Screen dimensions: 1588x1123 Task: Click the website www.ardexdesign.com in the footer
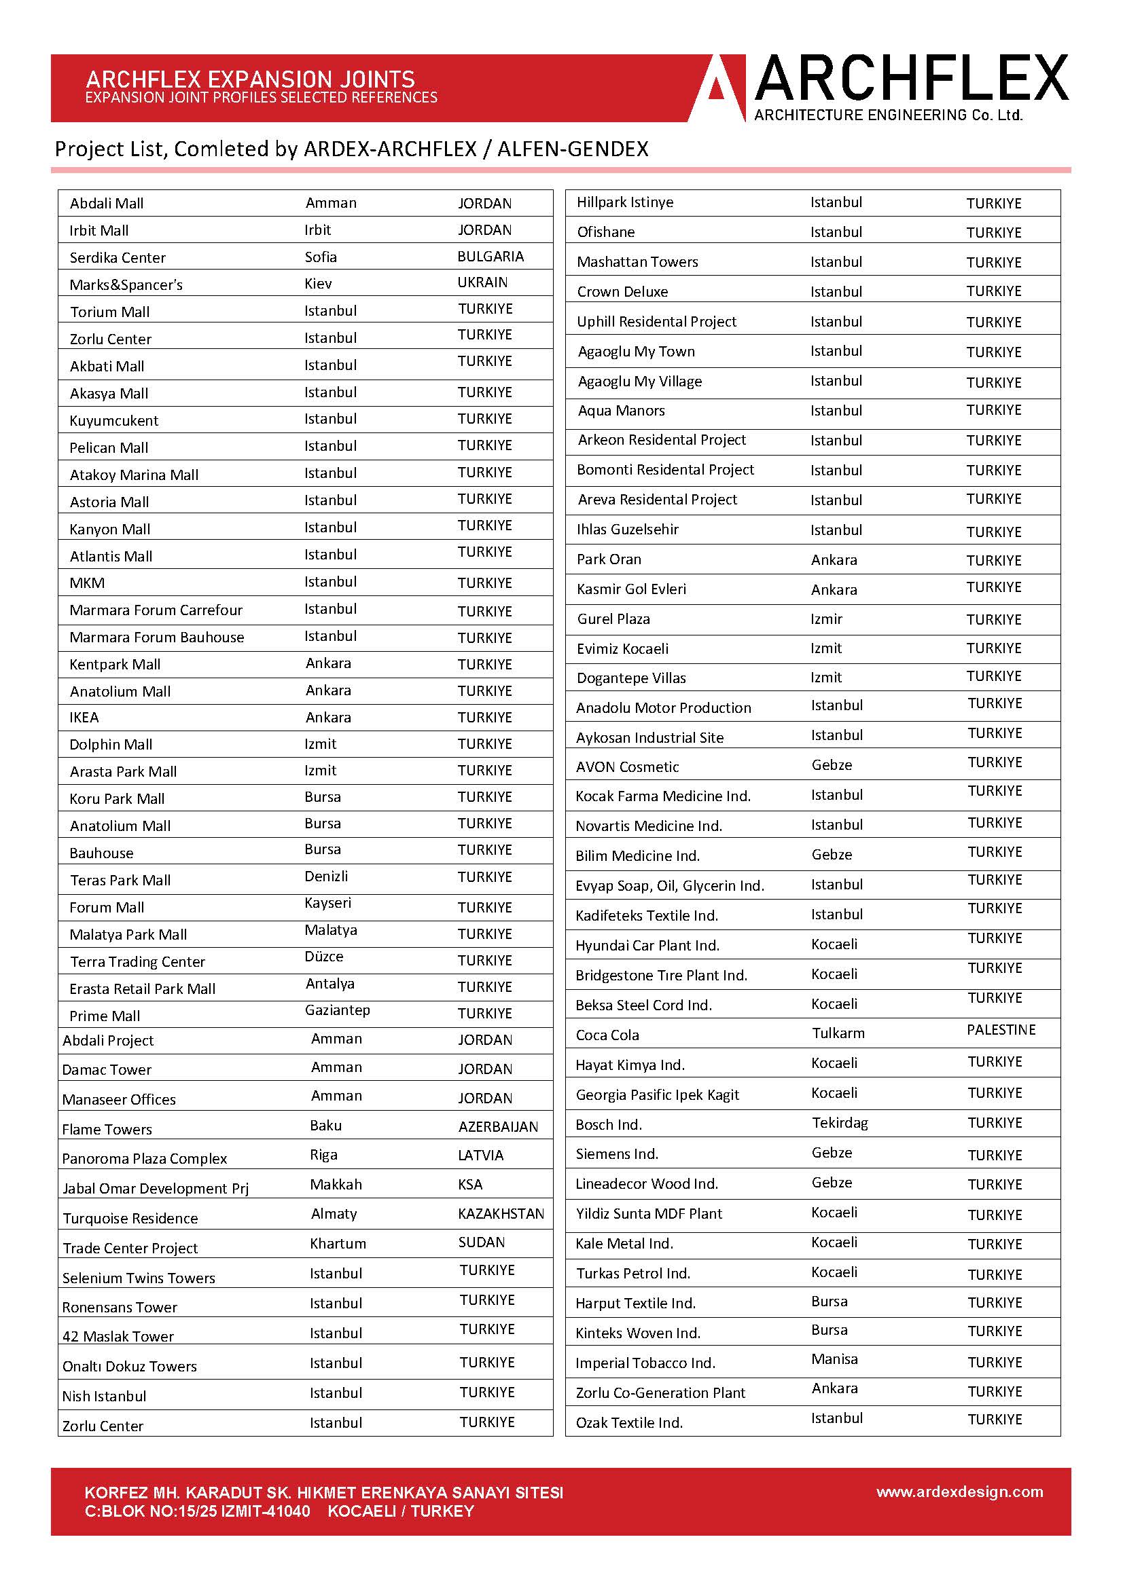pyautogui.click(x=959, y=1492)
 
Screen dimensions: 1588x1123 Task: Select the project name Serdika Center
pyautogui.click(x=118, y=258)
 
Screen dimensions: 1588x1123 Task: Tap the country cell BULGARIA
pyautogui.click(x=490, y=257)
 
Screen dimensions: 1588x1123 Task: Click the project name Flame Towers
pyautogui.click(x=107, y=1130)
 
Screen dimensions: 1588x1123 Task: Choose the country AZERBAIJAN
pyautogui.click(x=497, y=1127)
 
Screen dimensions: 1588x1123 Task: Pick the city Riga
pyautogui.click(x=323, y=1155)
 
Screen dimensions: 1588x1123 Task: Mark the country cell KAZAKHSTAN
pyautogui.click(x=500, y=1214)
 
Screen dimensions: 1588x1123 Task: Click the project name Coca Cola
pyautogui.click(x=607, y=1035)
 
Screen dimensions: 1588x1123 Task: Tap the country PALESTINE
pyautogui.click(x=1001, y=1030)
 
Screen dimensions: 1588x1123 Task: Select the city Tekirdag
pyautogui.click(x=839, y=1122)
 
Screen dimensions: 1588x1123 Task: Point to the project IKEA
pyautogui.click(x=84, y=718)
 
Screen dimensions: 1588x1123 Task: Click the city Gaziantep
pyautogui.click(x=337, y=1010)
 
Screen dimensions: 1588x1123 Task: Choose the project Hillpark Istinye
pyautogui.click(x=624, y=202)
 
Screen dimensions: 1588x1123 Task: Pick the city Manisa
pyautogui.click(x=834, y=1359)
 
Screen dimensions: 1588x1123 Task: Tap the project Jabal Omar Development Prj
pyautogui.click(x=155, y=1189)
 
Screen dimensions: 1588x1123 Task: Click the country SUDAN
pyautogui.click(x=481, y=1242)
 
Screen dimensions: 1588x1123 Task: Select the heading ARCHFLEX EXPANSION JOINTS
pyautogui.click(x=250, y=79)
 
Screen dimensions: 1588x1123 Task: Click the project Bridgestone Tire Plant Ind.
pyautogui.click(x=661, y=976)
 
